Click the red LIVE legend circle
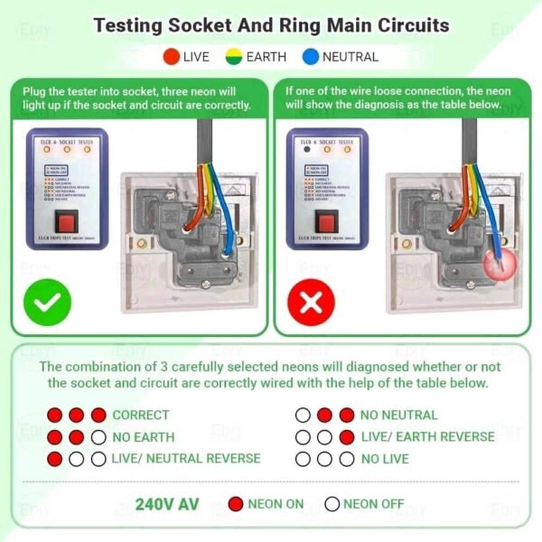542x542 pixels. click(x=172, y=57)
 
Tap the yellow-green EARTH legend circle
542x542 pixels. click(x=233, y=57)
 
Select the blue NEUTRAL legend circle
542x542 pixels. click(x=310, y=57)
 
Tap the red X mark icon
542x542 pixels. click(x=311, y=302)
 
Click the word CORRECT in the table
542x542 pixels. click(x=141, y=416)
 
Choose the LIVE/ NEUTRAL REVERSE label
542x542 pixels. click(x=186, y=458)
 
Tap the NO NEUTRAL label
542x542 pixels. click(x=398, y=416)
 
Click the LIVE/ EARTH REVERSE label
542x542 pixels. click(x=427, y=436)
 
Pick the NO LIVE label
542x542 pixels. click(x=384, y=458)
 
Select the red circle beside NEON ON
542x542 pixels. click(x=236, y=504)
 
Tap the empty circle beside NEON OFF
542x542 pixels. click(x=332, y=504)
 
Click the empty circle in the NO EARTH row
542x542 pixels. click(x=98, y=437)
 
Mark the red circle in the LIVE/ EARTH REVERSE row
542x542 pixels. click(x=346, y=437)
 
